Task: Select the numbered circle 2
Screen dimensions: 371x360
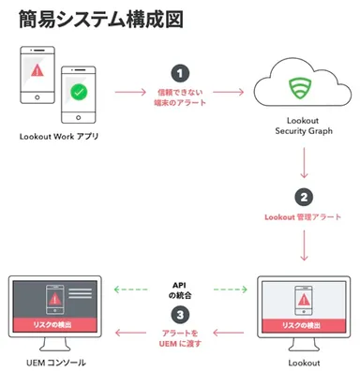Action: (304, 197)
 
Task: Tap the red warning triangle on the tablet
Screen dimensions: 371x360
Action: (37, 69)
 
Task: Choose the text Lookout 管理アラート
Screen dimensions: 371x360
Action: (304, 217)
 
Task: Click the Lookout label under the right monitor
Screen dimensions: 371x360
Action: (304, 361)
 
